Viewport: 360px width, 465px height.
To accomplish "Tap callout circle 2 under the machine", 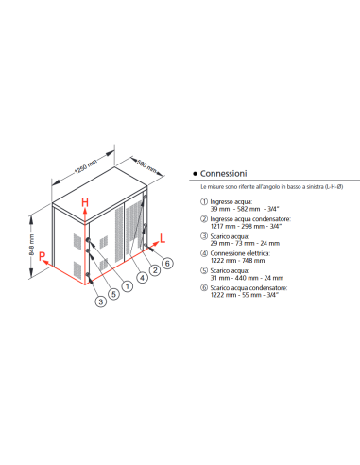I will pos(153,270).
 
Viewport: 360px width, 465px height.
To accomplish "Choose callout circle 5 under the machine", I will pos(112,292).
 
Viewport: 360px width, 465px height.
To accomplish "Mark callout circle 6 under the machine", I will pos(167,262).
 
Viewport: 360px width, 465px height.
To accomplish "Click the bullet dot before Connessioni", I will pos(194,175).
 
